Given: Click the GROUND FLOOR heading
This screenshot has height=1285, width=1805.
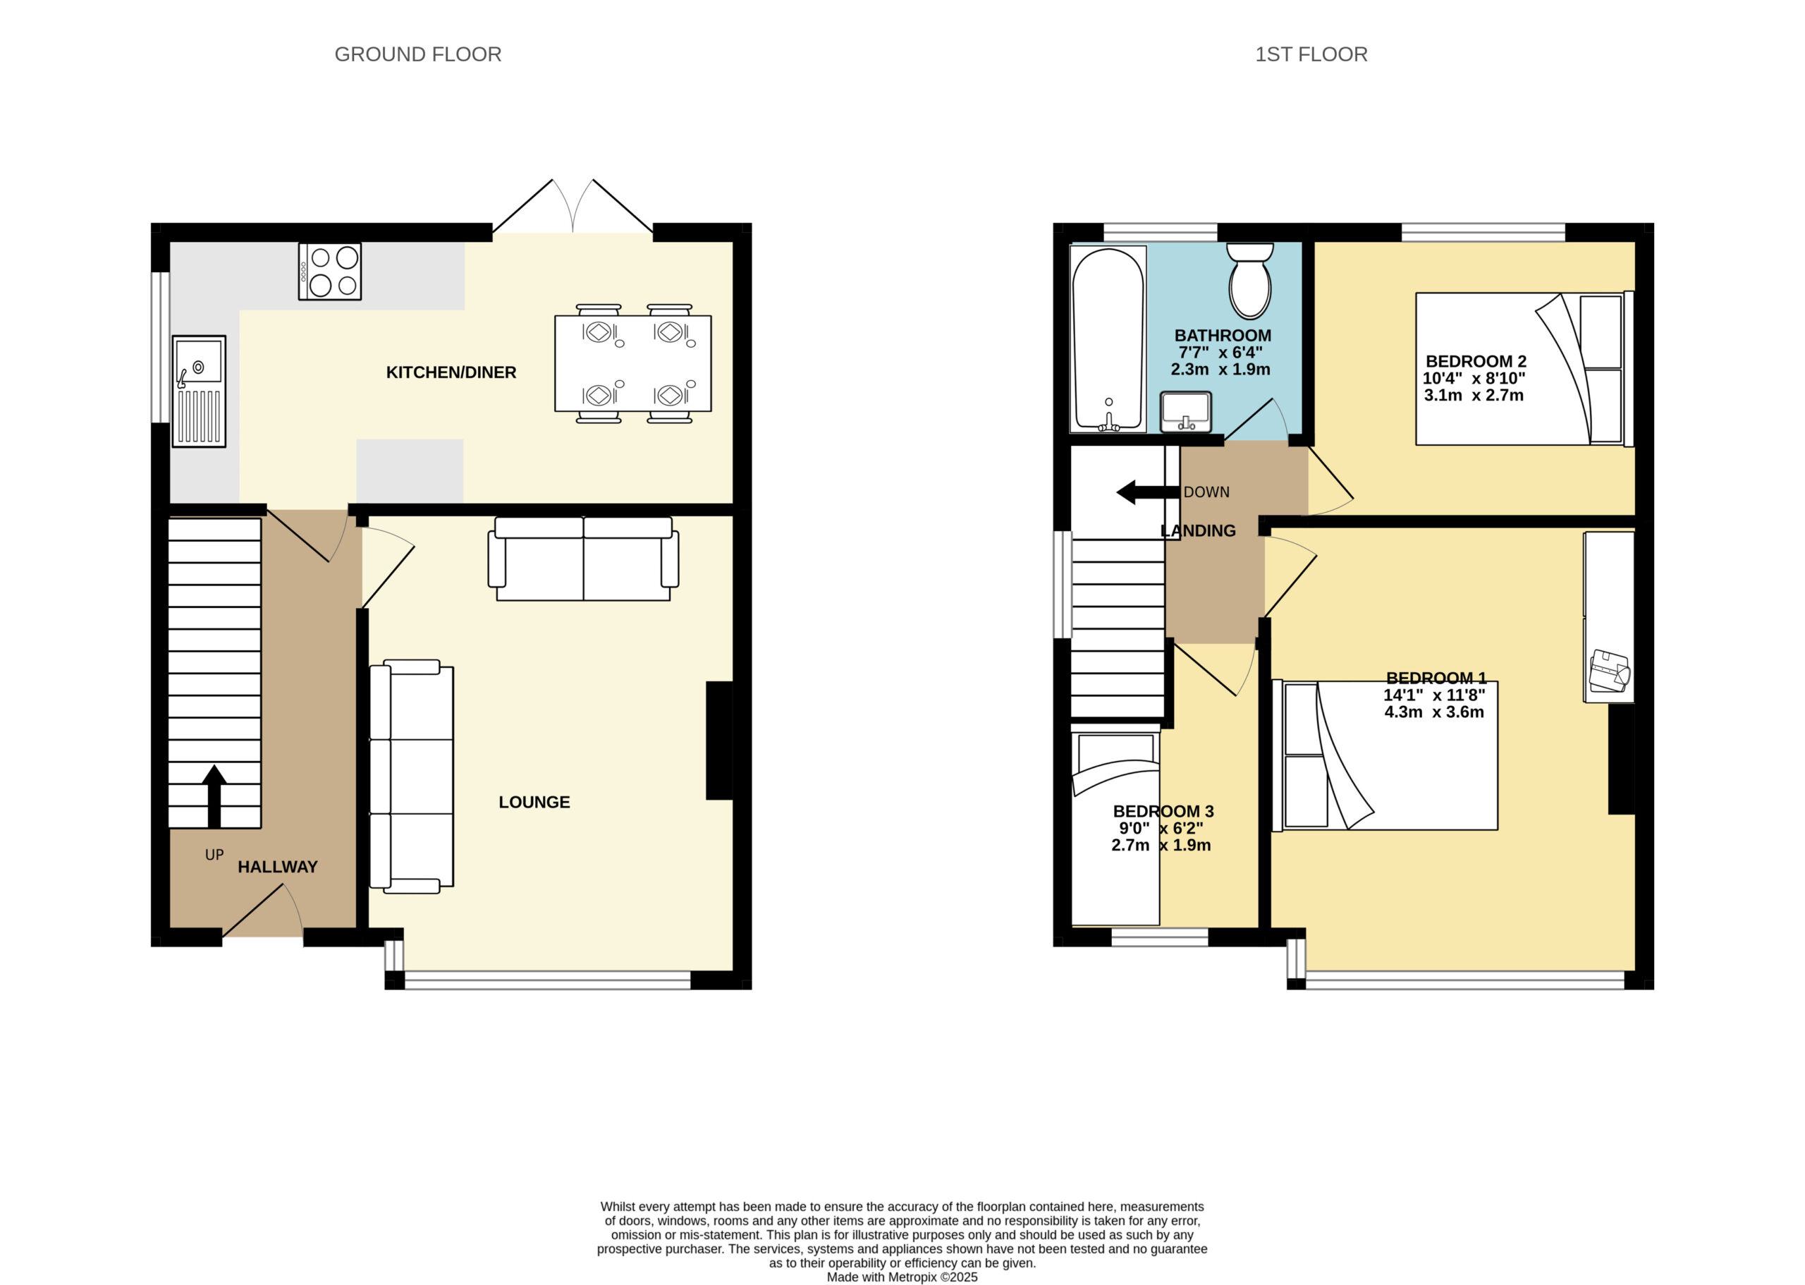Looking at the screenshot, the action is point(417,54).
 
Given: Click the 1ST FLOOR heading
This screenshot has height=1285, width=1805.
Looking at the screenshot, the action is point(1311,54).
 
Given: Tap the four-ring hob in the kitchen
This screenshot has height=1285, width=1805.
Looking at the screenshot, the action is point(330,272).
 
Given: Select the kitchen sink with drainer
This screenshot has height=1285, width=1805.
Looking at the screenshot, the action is point(200,391).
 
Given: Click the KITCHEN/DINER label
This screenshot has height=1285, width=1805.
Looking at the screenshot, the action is point(451,372).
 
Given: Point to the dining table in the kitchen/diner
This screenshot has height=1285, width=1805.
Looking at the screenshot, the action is point(632,363).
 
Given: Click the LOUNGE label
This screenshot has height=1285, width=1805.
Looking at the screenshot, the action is point(534,802).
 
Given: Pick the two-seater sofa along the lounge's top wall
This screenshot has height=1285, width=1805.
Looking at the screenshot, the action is point(584,559).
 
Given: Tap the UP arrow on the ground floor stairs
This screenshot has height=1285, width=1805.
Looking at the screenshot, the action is point(214,796).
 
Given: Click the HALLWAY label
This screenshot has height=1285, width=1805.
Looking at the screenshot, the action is point(278,867).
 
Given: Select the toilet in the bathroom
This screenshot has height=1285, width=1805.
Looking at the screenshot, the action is point(1249,280).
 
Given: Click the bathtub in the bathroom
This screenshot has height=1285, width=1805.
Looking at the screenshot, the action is point(1108,339).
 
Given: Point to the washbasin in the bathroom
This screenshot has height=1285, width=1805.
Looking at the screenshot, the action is point(1186,411).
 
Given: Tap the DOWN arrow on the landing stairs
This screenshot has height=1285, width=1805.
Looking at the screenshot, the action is point(1148,492).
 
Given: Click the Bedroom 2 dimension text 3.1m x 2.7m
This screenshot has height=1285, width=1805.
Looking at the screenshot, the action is point(1474,395).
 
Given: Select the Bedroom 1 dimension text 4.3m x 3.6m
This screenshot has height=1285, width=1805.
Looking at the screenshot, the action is point(1434,712).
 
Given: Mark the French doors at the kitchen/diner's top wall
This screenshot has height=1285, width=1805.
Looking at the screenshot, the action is point(573,207).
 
